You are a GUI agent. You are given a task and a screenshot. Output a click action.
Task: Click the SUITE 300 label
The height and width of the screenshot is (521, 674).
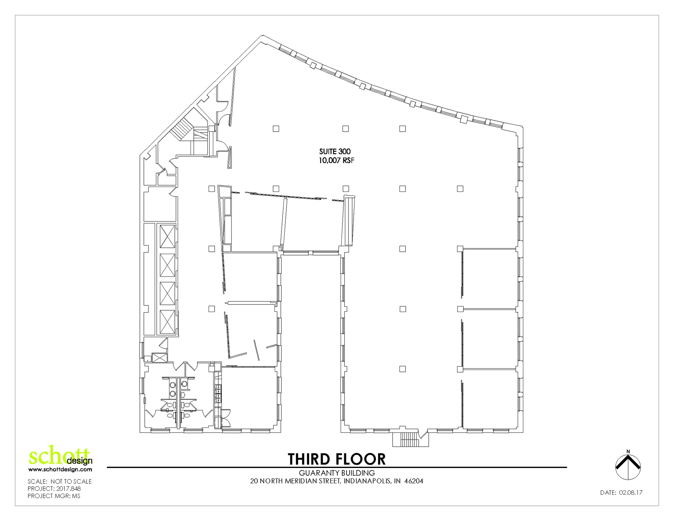tap(335, 152)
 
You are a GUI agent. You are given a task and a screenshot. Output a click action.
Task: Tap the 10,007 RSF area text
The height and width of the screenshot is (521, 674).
tap(336, 161)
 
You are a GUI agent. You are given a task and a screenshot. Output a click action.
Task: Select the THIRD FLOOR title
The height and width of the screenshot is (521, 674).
tap(336, 459)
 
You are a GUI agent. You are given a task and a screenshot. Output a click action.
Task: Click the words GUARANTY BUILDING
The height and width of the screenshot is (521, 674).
tap(337, 473)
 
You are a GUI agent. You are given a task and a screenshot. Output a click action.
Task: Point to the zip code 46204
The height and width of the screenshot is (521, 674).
tap(414, 481)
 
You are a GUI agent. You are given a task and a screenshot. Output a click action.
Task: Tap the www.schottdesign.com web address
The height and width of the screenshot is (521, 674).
tap(60, 470)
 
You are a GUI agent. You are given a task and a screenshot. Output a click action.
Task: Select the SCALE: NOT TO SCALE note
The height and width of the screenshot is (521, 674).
tap(60, 482)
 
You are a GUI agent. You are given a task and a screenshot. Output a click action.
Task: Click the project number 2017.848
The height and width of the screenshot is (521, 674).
tap(68, 489)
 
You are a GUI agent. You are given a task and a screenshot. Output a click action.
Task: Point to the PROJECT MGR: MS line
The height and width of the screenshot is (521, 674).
tap(54, 496)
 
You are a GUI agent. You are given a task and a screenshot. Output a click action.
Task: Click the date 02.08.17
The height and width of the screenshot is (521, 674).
tap(631, 493)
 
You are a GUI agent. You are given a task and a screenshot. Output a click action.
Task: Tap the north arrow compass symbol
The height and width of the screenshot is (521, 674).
tap(628, 467)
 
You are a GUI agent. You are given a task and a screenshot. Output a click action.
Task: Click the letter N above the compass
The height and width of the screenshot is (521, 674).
tap(628, 452)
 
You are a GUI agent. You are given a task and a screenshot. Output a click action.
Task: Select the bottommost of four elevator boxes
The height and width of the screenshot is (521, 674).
tap(167, 322)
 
